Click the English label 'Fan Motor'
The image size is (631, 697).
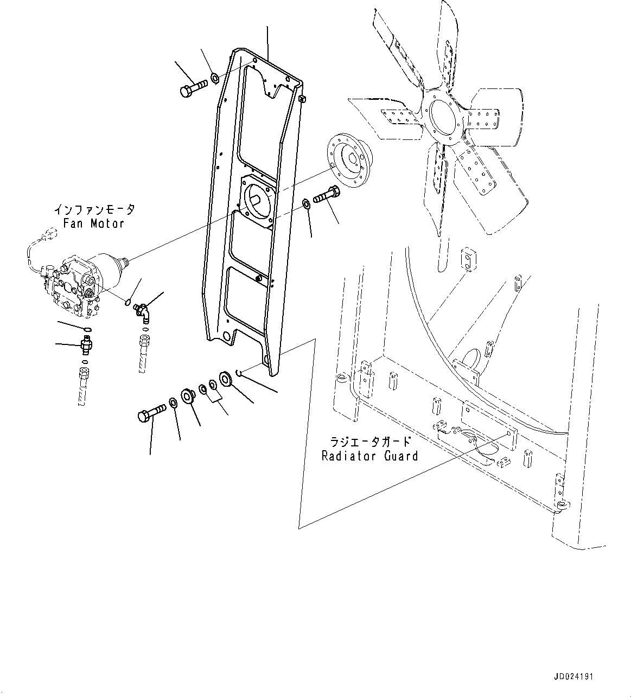(94, 223)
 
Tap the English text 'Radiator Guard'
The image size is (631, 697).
(369, 456)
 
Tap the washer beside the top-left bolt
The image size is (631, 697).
(215, 79)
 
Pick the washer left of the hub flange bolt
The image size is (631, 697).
(305, 204)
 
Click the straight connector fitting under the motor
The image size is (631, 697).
(86, 344)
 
